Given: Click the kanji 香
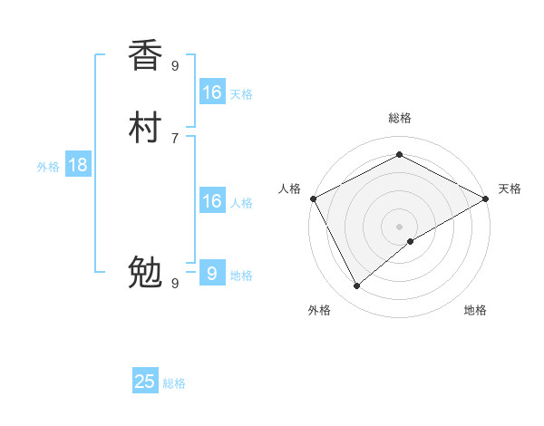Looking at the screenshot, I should pyautogui.click(x=145, y=55).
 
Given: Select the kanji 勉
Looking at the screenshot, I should pyautogui.click(x=145, y=273).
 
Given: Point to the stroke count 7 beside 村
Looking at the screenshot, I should pyautogui.click(x=174, y=138).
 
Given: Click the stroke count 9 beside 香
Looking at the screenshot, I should pyautogui.click(x=175, y=65).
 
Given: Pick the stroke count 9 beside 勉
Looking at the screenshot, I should pyautogui.click(x=175, y=283).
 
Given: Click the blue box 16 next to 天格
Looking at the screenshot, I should pyautogui.click(x=212, y=92).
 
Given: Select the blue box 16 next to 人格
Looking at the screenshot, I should pyautogui.click(x=212, y=200).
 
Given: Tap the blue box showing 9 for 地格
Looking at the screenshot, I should pyautogui.click(x=212, y=273).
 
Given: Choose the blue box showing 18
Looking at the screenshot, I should pyautogui.click(x=78, y=165).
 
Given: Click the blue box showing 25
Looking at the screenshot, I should pyautogui.click(x=145, y=382).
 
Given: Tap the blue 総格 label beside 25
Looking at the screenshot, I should pyautogui.click(x=174, y=383).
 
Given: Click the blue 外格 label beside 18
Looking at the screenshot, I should pyautogui.click(x=48, y=167).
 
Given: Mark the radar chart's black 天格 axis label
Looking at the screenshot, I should pyautogui.click(x=510, y=189).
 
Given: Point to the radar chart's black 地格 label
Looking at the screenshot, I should pyautogui.click(x=475, y=310).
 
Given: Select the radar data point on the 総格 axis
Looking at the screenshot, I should pyautogui.click(x=399, y=154).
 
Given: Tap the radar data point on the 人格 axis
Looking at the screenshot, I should pyautogui.click(x=313, y=198).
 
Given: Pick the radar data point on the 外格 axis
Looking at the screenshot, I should pyautogui.click(x=357, y=286).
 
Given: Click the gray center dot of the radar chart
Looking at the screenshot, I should pyautogui.click(x=399, y=227).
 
